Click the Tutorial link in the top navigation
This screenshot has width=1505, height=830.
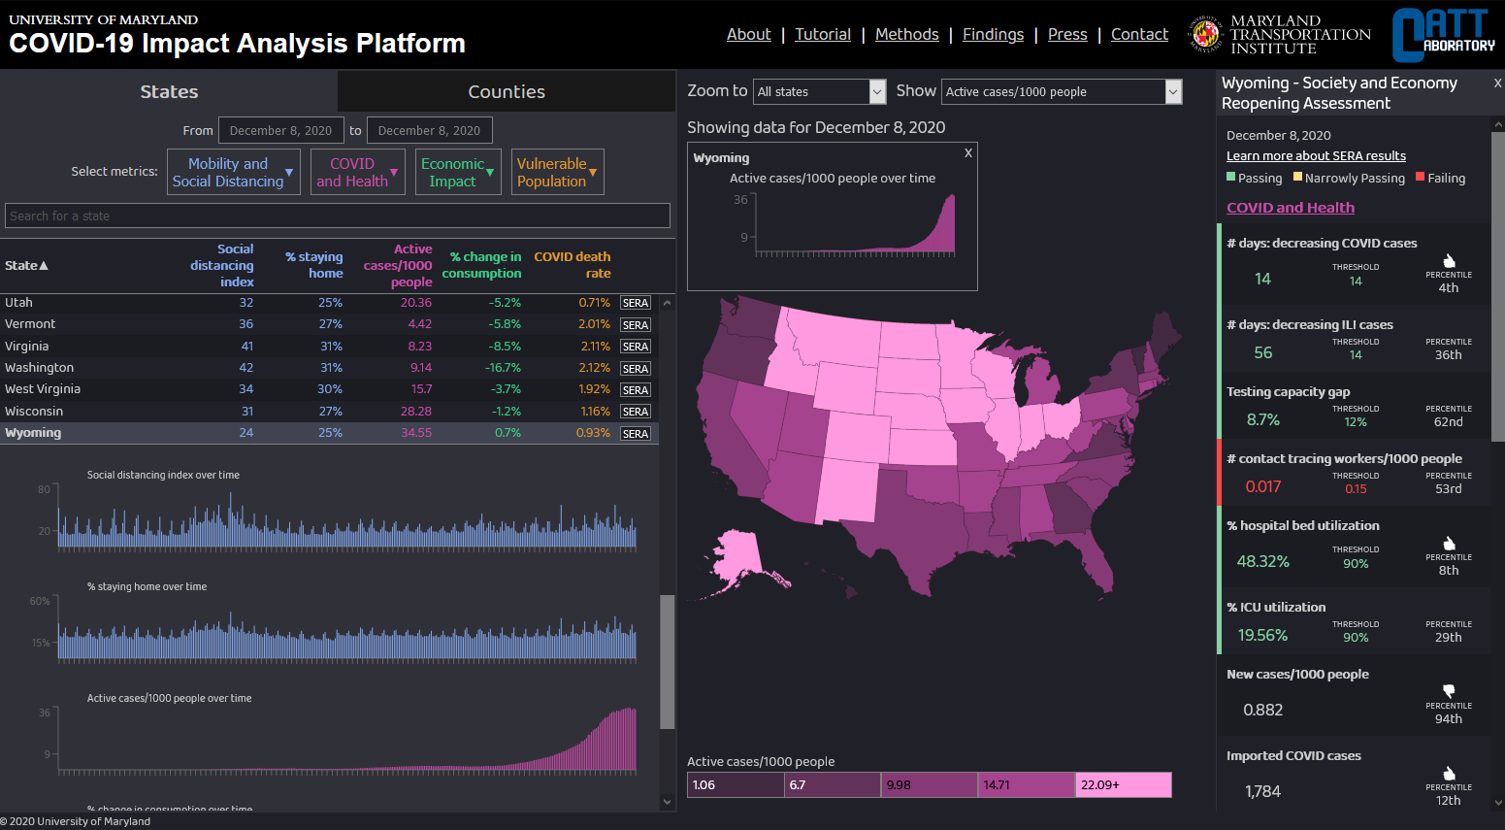(x=822, y=35)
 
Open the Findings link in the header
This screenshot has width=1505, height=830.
(x=993, y=35)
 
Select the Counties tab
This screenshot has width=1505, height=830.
(x=506, y=92)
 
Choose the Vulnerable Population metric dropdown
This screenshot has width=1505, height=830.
(x=557, y=172)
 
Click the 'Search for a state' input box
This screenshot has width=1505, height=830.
(x=337, y=216)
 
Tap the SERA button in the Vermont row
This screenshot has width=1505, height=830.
(x=636, y=325)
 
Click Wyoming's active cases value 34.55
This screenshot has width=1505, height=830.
(x=416, y=433)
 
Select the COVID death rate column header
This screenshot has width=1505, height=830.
(x=573, y=265)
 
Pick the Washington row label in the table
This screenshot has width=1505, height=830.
(x=39, y=368)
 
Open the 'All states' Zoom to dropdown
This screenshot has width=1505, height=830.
(x=820, y=92)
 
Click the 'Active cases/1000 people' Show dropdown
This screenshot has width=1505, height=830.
(x=1062, y=92)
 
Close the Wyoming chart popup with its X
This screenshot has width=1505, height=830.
(x=967, y=153)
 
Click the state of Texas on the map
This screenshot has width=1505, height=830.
(x=917, y=524)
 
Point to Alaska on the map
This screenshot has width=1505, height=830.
(x=737, y=558)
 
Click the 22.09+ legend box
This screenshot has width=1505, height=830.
(x=1123, y=785)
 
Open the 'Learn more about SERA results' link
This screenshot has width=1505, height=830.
(x=1315, y=156)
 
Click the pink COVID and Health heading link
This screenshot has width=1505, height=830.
(x=1290, y=208)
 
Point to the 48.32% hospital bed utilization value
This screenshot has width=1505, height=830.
(x=1262, y=562)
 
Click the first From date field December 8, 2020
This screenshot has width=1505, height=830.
(x=280, y=131)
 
